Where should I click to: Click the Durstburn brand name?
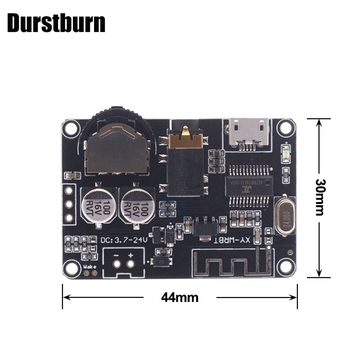56,23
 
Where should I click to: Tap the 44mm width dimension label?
180,297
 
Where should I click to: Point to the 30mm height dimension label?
320,197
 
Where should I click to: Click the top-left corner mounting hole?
71,128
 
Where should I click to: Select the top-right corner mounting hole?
285,128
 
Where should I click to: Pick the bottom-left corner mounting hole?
71,268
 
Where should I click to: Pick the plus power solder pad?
130,264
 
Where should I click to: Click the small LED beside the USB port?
285,150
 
